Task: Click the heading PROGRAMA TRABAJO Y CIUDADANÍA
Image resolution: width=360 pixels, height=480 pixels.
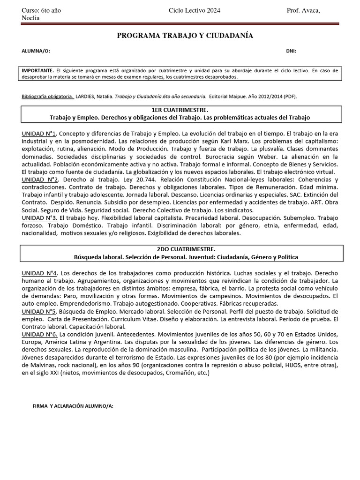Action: pos(185,36)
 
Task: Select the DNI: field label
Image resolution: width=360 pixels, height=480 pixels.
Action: pos(291,51)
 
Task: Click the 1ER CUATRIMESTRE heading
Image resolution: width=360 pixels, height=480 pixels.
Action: pos(180,109)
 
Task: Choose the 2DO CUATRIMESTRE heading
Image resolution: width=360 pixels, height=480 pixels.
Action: pos(180,250)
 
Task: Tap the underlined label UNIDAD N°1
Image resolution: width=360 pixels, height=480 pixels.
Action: pos(39,134)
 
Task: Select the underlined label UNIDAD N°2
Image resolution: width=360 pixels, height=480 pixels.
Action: pos(40,180)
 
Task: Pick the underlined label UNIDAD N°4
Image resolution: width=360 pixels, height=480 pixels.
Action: pos(39,273)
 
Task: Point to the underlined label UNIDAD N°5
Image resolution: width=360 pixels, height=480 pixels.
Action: pos(39,311)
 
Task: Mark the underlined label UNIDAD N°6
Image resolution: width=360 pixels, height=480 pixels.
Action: pos(39,334)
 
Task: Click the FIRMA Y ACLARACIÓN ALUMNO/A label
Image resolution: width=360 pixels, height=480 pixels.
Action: pos(73,405)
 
